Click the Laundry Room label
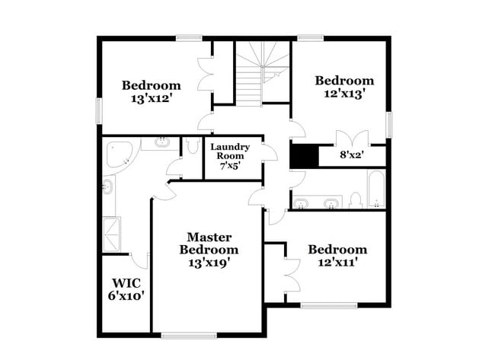[230, 151]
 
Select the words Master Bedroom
[209, 244]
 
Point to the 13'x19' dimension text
[209, 263]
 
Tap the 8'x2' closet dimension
[352, 155]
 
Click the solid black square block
[303, 156]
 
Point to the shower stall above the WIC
[111, 234]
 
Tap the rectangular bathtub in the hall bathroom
[375, 190]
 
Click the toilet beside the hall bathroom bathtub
[355, 200]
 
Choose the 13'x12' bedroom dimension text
[151, 98]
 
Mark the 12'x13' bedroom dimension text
[344, 94]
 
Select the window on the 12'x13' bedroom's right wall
[388, 124]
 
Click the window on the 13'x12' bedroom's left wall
[97, 110]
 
